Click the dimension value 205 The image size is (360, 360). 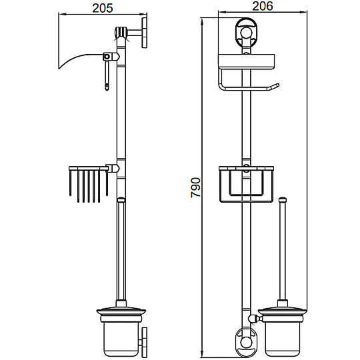click(103, 8)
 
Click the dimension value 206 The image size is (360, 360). click(263, 6)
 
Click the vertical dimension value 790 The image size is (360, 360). click(196, 187)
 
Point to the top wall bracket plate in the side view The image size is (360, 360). click(145, 33)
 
